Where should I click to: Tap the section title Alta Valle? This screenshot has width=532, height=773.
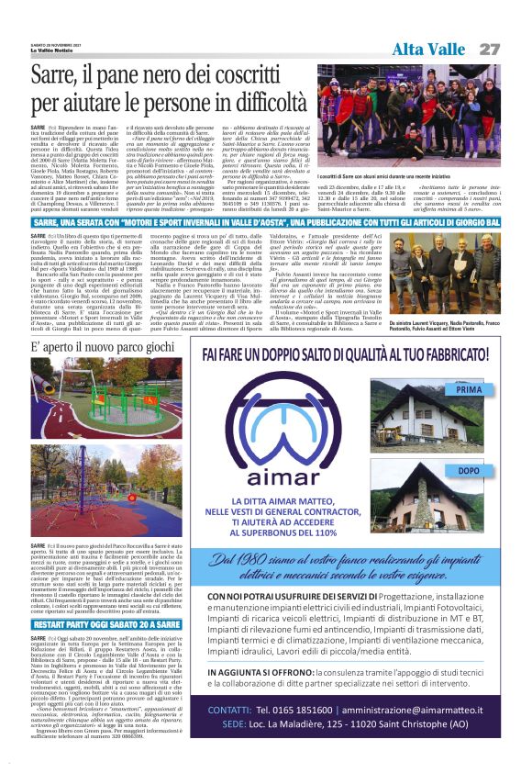(429, 50)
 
